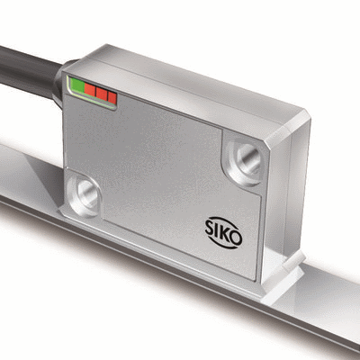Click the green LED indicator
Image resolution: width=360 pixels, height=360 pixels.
[76, 87]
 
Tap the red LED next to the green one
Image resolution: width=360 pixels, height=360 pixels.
[89, 90]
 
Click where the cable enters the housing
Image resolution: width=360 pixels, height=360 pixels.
[68, 64]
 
